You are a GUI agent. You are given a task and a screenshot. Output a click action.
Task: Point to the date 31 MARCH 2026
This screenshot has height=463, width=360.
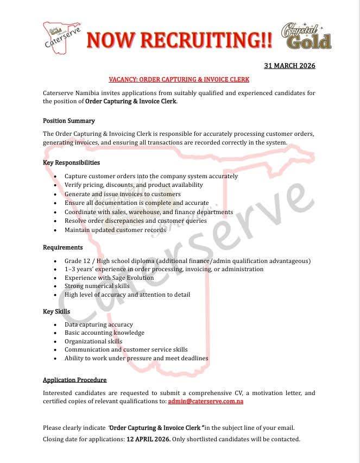289,66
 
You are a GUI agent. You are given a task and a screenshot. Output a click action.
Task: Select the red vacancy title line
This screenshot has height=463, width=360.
179,79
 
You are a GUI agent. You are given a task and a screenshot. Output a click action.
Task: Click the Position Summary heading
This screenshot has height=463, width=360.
69,121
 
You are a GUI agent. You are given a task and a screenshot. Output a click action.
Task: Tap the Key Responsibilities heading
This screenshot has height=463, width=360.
71,162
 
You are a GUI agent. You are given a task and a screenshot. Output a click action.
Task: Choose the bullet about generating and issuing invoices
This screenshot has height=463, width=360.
123,194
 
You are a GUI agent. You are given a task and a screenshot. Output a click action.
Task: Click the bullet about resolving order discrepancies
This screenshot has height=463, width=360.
136,221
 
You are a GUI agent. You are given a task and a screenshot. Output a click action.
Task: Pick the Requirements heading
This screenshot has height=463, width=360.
63,247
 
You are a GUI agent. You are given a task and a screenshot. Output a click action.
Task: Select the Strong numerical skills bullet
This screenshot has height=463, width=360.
97,286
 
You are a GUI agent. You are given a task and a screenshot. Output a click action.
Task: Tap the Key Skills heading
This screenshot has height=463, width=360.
56,311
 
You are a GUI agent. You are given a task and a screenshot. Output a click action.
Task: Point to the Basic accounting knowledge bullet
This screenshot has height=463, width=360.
104,333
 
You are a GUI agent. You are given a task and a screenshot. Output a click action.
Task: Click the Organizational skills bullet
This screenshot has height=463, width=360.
93,341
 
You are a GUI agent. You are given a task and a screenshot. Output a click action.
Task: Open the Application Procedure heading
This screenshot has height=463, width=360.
75,380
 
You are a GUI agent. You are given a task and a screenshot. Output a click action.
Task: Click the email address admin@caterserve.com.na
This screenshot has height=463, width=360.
206,401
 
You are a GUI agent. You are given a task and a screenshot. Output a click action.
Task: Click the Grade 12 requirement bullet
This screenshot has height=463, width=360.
187,261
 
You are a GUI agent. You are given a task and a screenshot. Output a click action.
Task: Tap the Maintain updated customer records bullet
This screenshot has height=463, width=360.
115,230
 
